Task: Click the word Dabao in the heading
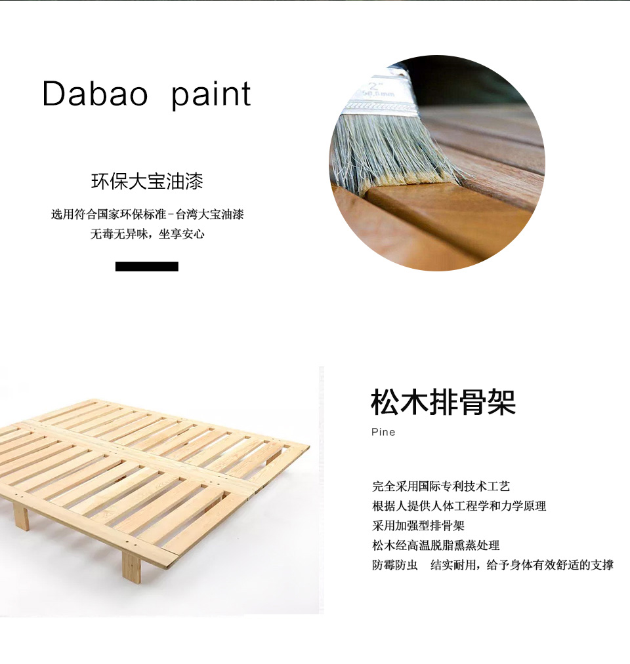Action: coord(95,93)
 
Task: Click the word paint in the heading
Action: coord(211,96)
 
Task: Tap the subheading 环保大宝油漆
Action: coord(147,182)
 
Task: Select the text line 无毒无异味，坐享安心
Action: coord(147,234)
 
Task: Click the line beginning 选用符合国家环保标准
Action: coord(148,214)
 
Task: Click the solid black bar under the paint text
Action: coord(147,266)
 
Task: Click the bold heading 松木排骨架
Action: coord(443,402)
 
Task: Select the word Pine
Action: coord(383,432)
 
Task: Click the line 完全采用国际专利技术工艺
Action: coord(441,486)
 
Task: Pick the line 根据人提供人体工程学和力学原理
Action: coord(459,505)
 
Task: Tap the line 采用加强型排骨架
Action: coord(419,526)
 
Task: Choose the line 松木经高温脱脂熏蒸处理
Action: coord(436,545)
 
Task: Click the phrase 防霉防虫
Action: coord(395,565)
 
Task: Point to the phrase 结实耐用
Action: coord(453,565)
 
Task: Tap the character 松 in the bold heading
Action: coord(385,402)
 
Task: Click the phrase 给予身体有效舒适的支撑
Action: coord(550,565)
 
